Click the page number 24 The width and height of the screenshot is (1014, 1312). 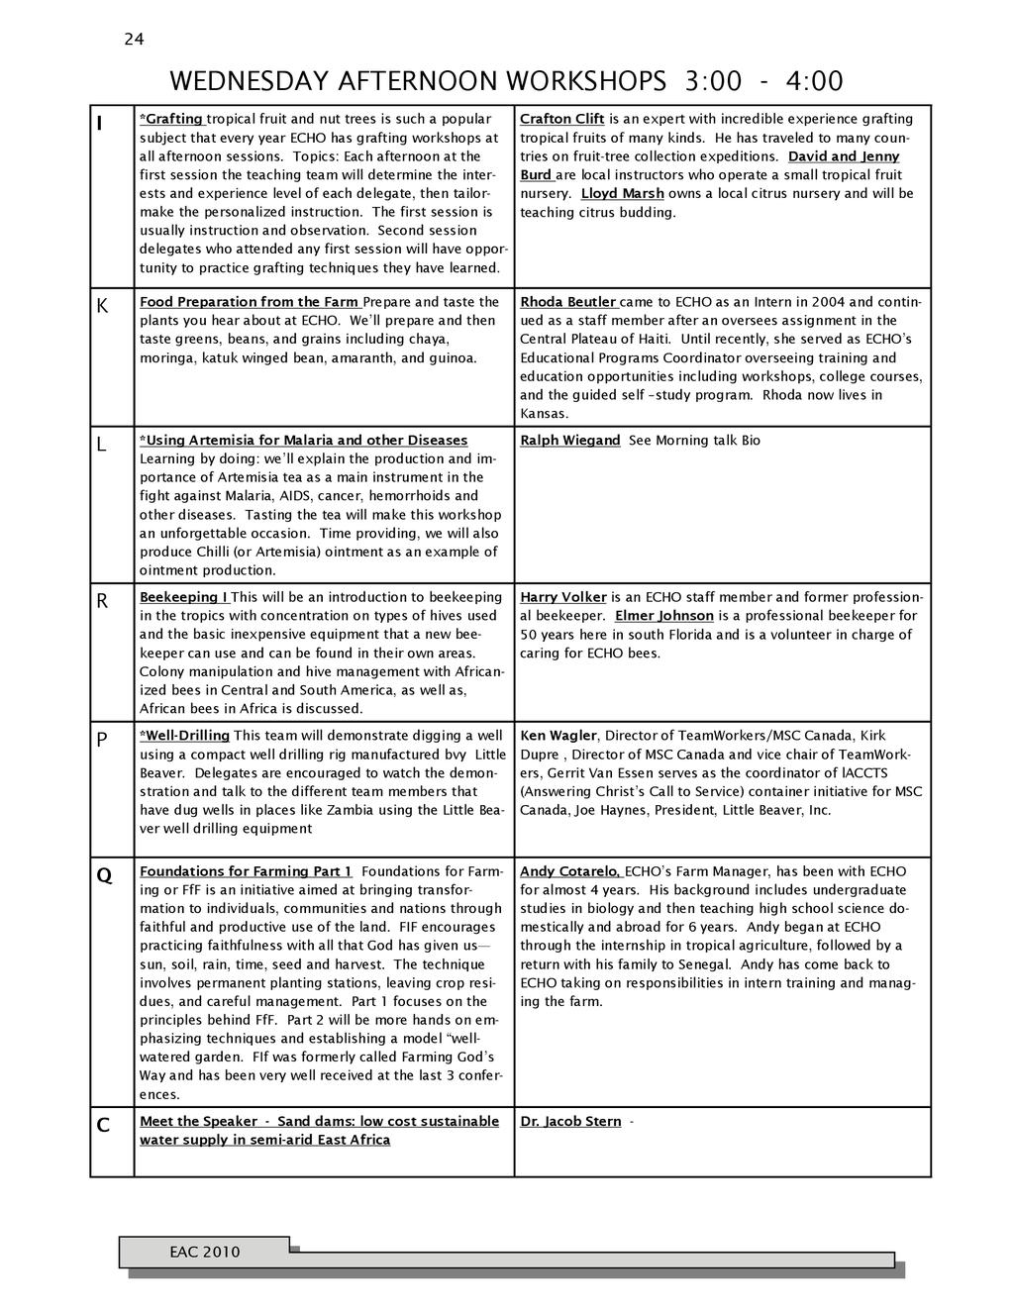pos(134,40)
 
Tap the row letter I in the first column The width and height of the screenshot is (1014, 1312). pos(99,125)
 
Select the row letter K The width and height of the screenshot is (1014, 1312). pos(101,308)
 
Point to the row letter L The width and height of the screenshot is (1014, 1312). pos(101,447)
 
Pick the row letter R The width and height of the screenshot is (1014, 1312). pos(102,602)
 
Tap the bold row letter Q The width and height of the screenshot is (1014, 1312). pos(103,876)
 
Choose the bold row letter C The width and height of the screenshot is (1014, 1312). pos(103,1126)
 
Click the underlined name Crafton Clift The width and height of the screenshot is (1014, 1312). pos(562,119)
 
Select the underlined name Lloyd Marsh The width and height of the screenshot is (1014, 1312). pos(622,193)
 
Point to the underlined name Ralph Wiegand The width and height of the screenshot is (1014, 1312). pos(570,441)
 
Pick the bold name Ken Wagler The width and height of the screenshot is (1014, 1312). pos(558,736)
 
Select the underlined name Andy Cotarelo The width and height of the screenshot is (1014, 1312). pos(570,871)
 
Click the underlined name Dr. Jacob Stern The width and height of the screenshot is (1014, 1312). pos(570,1122)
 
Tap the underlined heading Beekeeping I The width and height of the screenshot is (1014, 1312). pos(184,597)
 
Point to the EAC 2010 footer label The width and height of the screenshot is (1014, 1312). pos(204,1252)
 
